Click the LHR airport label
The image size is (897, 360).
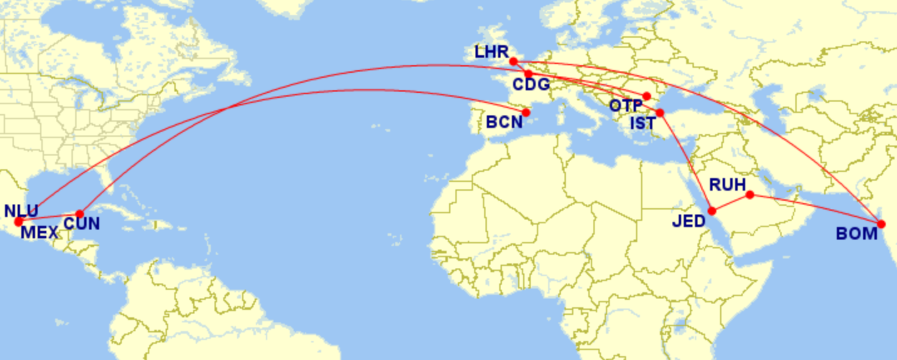coord(491,52)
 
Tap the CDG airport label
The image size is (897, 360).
coord(531,85)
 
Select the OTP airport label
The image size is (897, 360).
coord(625,105)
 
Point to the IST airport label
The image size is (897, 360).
coord(642,123)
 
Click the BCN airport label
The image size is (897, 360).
coord(504,121)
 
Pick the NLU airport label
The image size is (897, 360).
coord(21,210)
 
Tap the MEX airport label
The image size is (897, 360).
coord(39,233)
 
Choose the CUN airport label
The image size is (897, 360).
coord(82,223)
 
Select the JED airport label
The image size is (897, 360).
coord(689,221)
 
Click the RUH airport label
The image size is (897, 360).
coord(728,184)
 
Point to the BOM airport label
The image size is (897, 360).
coord(856,234)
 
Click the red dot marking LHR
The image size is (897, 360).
coord(513,61)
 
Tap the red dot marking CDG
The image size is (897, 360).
coord(529,74)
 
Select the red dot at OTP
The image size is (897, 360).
coord(647,96)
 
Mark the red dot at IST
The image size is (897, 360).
coord(660,113)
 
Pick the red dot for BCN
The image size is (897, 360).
coord(526,113)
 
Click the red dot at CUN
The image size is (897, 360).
coord(80,214)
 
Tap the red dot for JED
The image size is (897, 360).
coord(712,211)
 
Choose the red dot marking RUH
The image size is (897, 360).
coord(750,194)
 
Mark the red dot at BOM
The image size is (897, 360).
coord(881,224)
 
